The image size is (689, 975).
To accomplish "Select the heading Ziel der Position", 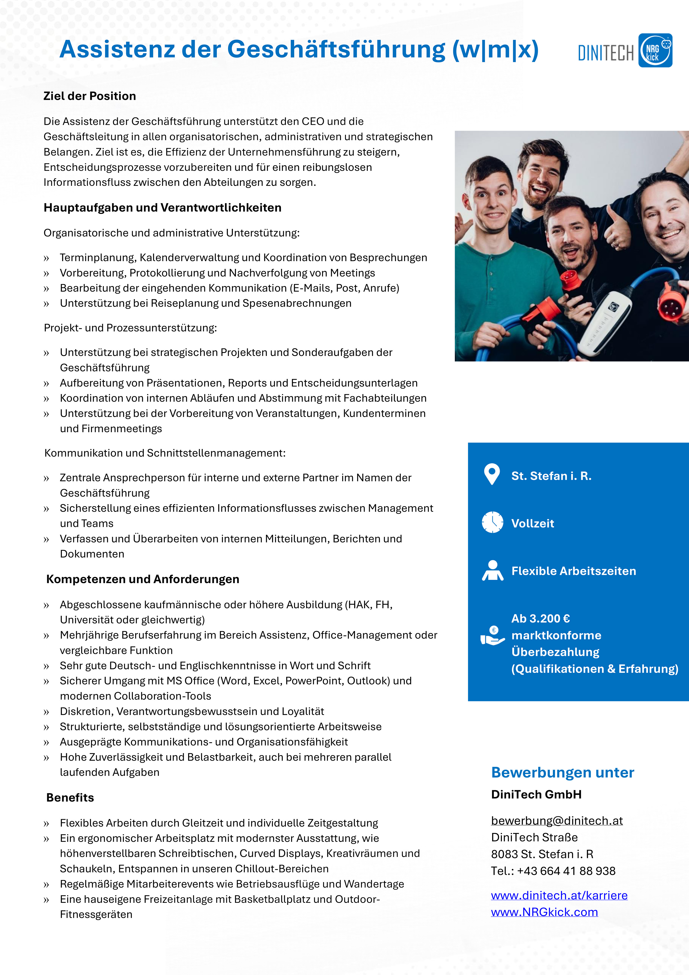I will (x=90, y=96).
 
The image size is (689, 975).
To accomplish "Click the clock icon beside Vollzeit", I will (x=492, y=522).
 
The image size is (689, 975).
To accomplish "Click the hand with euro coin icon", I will (x=492, y=636).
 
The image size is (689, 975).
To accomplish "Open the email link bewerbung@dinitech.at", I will (x=557, y=820).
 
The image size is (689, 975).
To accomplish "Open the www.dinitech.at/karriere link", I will (x=559, y=895).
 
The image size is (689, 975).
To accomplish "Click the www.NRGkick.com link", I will (x=544, y=912).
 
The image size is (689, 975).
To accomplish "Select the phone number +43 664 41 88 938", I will (x=566, y=871).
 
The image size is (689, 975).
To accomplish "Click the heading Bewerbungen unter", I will (x=563, y=773).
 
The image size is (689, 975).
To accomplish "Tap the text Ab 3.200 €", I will (x=540, y=618).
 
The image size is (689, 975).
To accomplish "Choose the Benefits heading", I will (x=70, y=798).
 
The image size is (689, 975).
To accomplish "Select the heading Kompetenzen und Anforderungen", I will (x=143, y=579).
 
